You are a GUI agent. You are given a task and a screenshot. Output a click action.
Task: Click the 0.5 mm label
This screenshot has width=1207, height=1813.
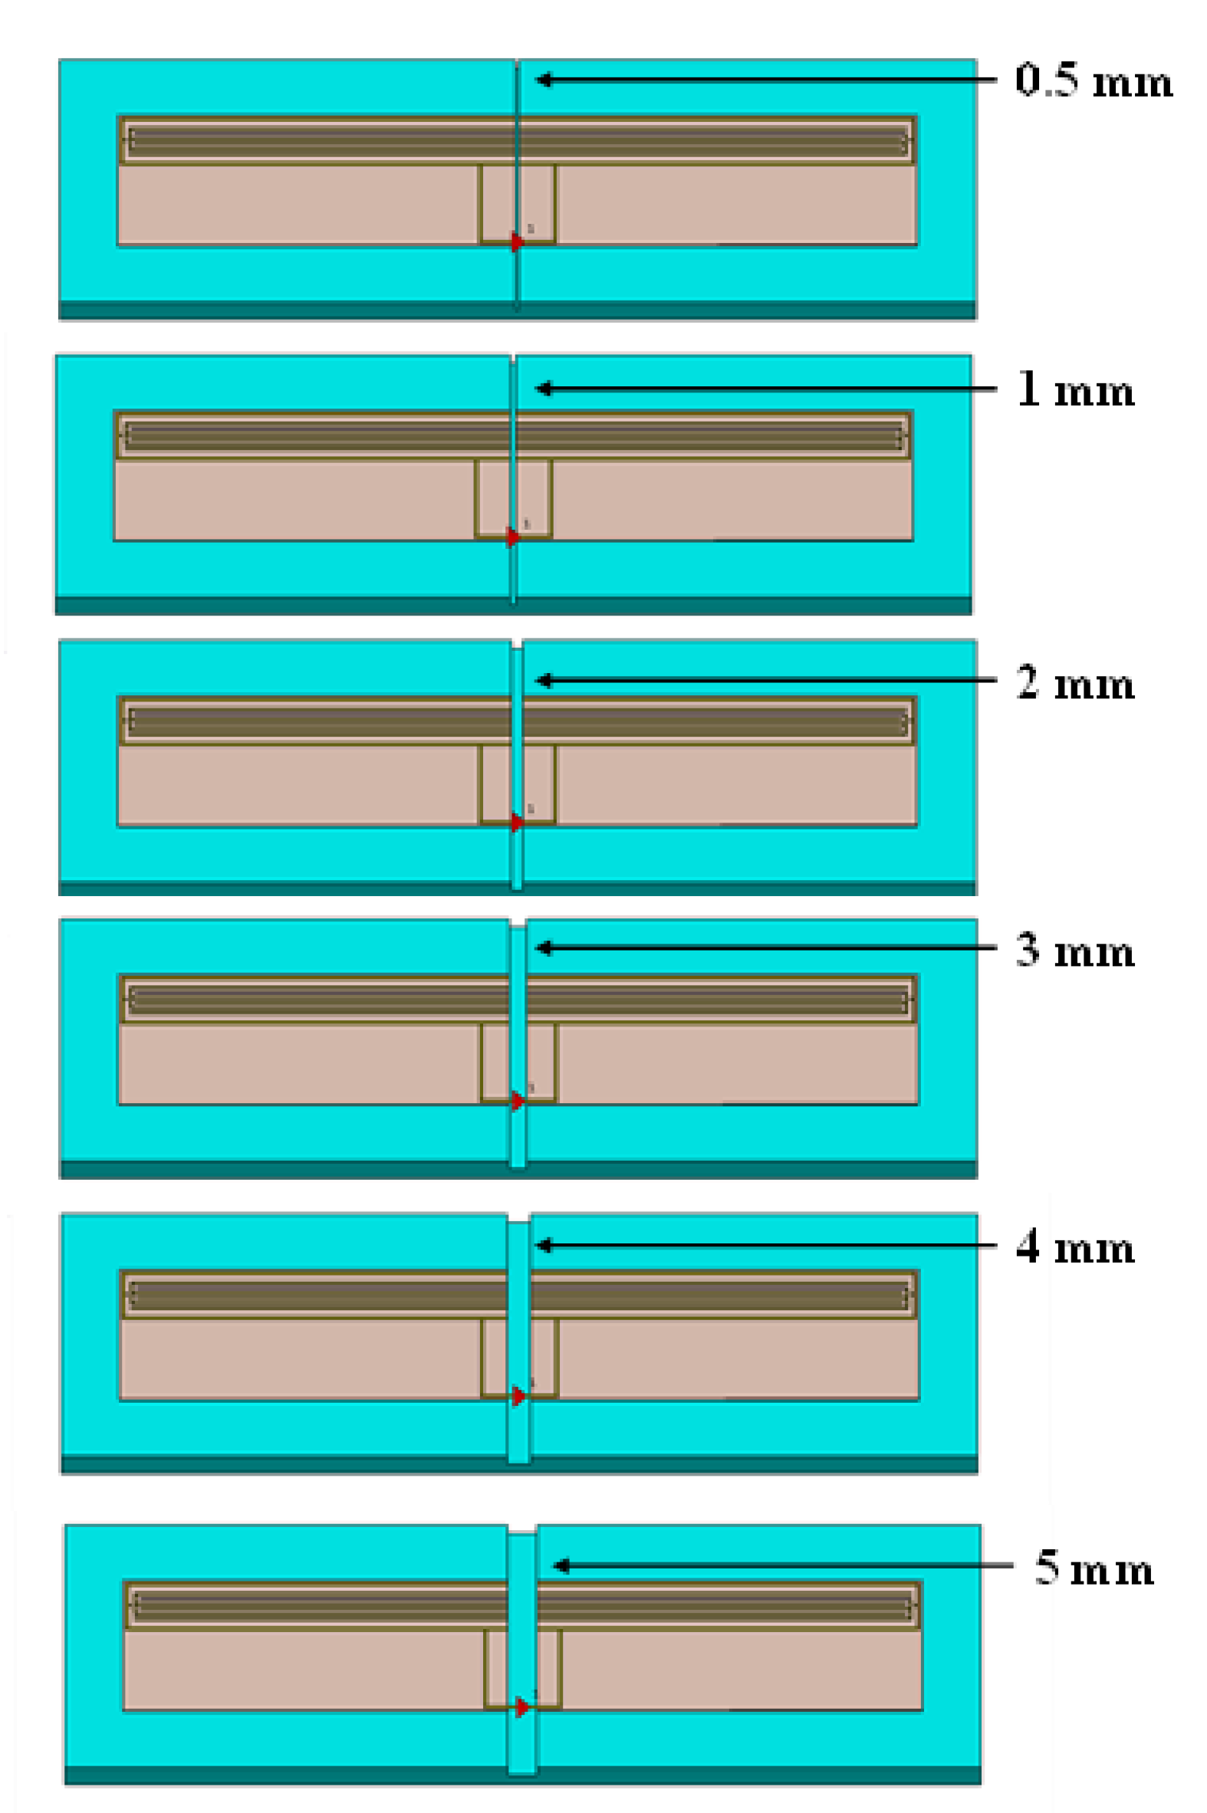1093,80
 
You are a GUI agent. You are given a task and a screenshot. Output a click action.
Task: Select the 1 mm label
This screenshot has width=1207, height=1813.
1075,389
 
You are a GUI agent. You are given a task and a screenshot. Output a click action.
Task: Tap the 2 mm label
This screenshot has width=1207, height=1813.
1075,682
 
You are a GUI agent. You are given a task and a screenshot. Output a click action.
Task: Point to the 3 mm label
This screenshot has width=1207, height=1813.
1075,951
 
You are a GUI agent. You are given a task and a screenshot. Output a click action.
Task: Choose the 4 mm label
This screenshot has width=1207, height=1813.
1075,1246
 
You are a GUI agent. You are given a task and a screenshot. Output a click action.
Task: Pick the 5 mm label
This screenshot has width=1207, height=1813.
1094,1568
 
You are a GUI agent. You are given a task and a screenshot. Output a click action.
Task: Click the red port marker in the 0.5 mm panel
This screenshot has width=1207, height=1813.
518,241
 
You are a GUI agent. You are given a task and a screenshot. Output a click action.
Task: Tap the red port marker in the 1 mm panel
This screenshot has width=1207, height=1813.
513,537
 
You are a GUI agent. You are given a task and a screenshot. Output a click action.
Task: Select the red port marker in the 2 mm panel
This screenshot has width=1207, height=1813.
518,823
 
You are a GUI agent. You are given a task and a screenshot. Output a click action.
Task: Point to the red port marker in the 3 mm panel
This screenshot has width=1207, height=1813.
518,1101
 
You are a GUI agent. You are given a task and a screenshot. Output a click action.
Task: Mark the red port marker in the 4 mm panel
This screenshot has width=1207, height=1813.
520,1396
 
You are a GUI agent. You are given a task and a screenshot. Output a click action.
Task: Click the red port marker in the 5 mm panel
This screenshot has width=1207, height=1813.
522,1707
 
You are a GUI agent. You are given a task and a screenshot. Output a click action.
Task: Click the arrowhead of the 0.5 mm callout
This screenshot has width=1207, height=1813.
544,79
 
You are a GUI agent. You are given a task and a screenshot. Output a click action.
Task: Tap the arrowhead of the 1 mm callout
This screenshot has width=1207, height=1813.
544,389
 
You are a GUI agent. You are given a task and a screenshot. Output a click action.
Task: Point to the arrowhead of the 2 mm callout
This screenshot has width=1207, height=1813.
544,680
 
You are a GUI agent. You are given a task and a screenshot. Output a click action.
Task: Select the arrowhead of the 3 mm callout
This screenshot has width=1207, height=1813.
544,948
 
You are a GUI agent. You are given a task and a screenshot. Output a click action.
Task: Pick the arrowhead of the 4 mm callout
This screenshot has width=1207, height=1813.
544,1245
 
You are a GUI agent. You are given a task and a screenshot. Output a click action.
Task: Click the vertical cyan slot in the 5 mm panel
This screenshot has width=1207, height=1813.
522,1616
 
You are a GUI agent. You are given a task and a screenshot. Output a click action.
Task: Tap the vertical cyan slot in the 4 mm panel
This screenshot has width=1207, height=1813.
519,1308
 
